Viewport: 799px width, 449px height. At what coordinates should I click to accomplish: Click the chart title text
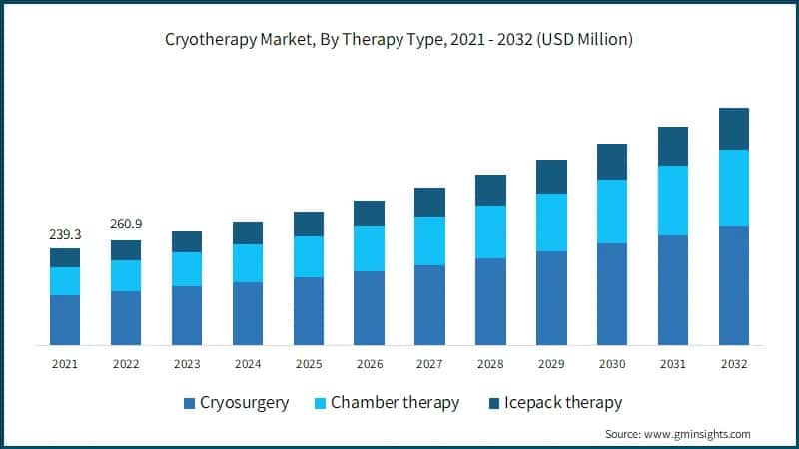coord(399,40)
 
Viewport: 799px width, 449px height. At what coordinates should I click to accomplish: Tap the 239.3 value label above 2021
coord(65,233)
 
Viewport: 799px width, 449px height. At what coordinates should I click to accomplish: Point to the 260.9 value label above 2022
coord(126,224)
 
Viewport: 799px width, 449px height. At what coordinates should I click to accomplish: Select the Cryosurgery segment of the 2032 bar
coord(734,285)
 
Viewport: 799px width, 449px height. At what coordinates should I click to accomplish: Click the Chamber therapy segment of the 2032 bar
coord(734,188)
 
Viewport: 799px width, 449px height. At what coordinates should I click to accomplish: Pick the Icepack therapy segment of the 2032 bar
coord(734,129)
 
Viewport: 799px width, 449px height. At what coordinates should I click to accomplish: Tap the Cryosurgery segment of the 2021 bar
coord(65,320)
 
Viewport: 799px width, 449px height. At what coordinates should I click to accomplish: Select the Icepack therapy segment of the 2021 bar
coord(65,257)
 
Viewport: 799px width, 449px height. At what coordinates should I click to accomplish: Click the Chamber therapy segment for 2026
coord(369,248)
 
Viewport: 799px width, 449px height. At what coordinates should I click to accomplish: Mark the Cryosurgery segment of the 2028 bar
coord(490,301)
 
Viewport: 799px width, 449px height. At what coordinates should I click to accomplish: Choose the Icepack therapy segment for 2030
coord(612,162)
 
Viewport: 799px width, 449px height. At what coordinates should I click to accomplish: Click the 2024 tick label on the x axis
coord(247,365)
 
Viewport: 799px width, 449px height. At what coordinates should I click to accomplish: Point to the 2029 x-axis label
coord(551,365)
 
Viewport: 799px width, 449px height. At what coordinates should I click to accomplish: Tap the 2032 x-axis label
coord(734,365)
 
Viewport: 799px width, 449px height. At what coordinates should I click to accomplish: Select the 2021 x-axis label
coord(65,365)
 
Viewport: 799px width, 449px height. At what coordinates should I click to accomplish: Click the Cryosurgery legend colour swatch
coord(188,404)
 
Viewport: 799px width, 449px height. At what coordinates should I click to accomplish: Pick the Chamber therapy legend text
coord(396,403)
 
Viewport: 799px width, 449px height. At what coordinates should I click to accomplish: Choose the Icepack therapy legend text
coord(563,403)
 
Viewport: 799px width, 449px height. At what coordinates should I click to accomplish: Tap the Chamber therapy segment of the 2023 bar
coord(187,269)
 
